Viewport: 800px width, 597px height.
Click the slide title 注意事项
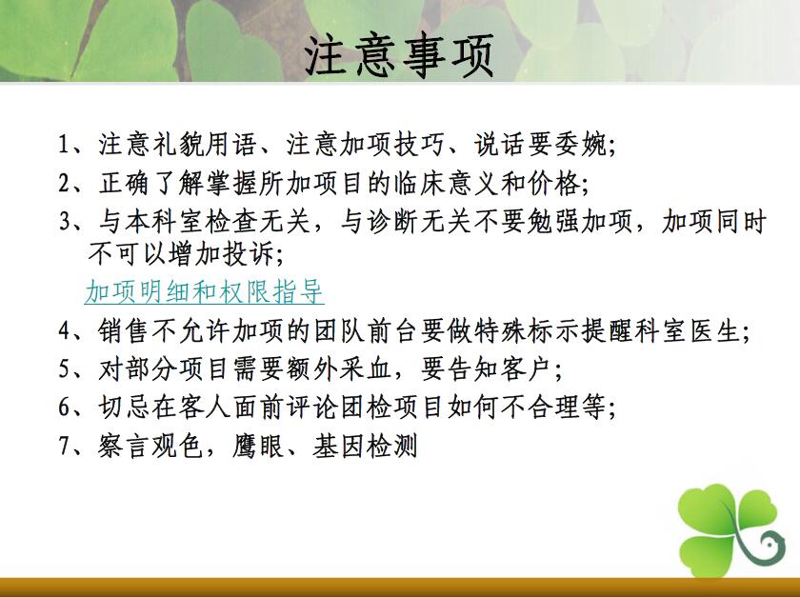click(x=399, y=55)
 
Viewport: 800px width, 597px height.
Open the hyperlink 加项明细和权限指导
click(x=204, y=292)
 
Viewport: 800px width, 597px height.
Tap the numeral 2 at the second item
click(x=64, y=183)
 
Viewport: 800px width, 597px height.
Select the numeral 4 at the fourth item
click(x=65, y=331)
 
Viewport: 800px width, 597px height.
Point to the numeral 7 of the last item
click(x=64, y=446)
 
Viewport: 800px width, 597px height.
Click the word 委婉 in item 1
click(x=581, y=145)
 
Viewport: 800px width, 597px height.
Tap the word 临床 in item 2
click(x=419, y=183)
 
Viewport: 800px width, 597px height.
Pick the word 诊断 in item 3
click(x=392, y=222)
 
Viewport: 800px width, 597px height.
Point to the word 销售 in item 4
click(x=123, y=331)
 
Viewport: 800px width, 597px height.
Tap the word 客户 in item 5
click(x=525, y=368)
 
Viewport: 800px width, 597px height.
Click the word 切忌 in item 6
click(x=123, y=408)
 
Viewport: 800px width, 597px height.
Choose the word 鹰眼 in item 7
click(x=258, y=446)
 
